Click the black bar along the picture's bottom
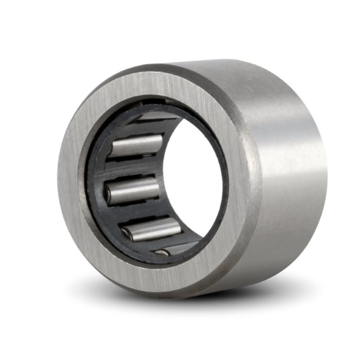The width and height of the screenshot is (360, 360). click(180, 345)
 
